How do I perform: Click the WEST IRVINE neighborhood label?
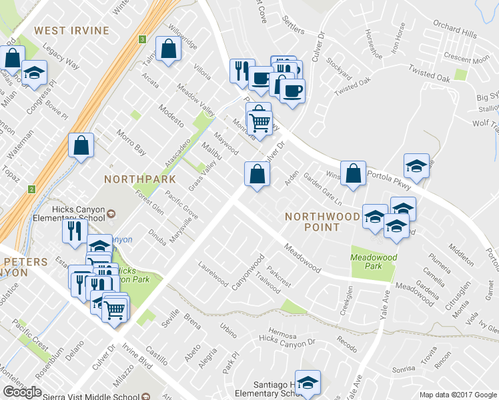[68, 31]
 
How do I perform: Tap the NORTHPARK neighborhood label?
[140, 179]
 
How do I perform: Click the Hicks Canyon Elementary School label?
[81, 215]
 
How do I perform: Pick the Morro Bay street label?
[131, 141]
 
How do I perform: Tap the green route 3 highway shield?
[143, 40]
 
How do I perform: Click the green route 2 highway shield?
[31, 190]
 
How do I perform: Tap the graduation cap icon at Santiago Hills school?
[308, 383]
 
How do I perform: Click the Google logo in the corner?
[23, 392]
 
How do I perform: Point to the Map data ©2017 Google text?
[458, 395]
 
